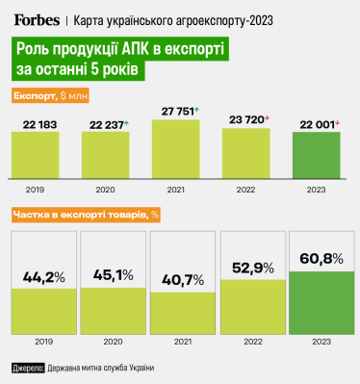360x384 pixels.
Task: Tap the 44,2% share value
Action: [43, 277]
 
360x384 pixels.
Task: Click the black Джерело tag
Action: [27, 368]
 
